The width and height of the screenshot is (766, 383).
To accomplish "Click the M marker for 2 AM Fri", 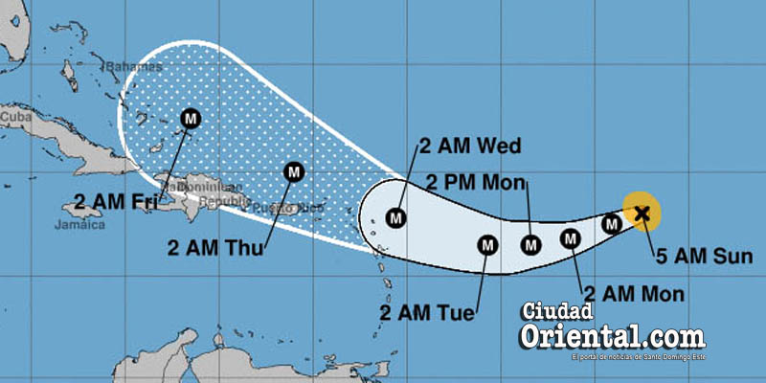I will coord(190,119).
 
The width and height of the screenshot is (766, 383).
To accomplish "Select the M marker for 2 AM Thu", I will coord(295,172).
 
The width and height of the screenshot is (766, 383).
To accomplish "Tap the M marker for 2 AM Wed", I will coord(395,217).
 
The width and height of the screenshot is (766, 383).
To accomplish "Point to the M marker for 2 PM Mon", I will coord(530,243).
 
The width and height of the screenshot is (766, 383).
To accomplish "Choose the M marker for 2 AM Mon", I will coord(571,238).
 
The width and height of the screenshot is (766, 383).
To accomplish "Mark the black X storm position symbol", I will coord(642,213).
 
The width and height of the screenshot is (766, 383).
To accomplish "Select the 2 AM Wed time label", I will coord(469,146).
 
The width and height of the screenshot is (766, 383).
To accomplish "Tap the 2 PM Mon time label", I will coord(474,182).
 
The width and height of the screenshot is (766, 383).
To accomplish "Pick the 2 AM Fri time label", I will coord(104,203).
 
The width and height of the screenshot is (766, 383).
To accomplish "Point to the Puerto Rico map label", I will coord(294,208).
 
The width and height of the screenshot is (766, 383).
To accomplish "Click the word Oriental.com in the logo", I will coord(613,337).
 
